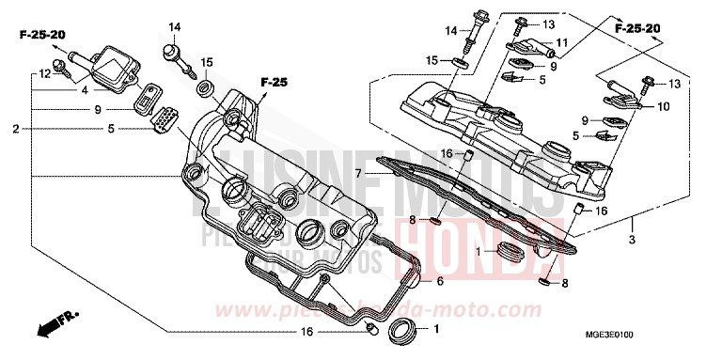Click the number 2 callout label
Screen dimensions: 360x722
point(16,129)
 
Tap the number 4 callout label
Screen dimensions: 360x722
point(85,91)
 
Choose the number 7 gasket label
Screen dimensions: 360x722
point(358,174)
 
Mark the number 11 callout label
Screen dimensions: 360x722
point(561,42)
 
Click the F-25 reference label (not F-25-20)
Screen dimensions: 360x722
point(273,83)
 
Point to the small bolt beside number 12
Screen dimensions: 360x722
point(62,66)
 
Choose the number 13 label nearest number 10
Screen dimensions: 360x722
point(675,84)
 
